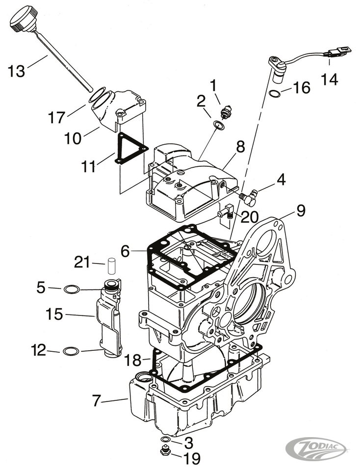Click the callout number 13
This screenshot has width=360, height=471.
pos(16,72)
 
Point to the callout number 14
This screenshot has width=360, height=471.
pos(330,78)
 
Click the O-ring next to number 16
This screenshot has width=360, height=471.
pos(276,93)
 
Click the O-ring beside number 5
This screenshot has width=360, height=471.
pos(72,289)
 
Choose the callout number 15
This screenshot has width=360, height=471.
pos(54,314)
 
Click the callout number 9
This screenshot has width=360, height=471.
pos(300,211)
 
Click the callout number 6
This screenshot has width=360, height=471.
pos(126,251)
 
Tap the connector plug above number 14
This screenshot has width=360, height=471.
pos(339,51)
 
